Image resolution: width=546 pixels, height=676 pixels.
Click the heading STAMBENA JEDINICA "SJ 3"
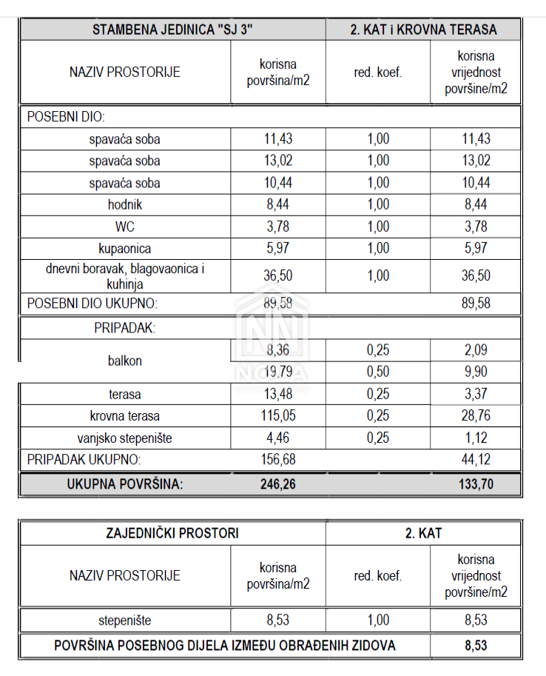click(x=172, y=30)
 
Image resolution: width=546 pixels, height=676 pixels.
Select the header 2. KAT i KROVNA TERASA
click(x=424, y=30)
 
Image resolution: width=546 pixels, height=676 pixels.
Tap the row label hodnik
click(x=124, y=205)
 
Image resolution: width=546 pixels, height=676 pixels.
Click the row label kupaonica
click(x=124, y=249)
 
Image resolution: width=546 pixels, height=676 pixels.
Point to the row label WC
click(x=124, y=227)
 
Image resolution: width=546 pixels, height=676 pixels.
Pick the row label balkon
click(x=124, y=361)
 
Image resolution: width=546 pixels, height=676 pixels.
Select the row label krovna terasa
click(x=124, y=416)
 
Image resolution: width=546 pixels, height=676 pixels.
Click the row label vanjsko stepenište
click(x=124, y=438)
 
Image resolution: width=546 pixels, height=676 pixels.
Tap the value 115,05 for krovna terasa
click(x=279, y=416)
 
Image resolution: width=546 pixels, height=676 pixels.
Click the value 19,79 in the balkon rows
click(x=279, y=372)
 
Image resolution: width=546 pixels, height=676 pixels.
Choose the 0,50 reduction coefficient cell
click(x=377, y=372)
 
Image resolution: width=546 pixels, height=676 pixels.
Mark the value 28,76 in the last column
click(x=476, y=416)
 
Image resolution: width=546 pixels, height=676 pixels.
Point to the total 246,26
click(x=279, y=484)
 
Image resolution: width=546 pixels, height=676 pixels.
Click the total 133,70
click(x=476, y=484)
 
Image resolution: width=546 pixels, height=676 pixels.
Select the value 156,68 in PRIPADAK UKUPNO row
click(x=279, y=460)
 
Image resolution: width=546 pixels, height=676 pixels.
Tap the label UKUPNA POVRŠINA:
click(x=124, y=484)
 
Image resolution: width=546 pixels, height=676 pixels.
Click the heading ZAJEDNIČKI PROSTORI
click(x=172, y=532)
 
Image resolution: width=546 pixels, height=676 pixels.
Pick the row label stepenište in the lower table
click(x=124, y=620)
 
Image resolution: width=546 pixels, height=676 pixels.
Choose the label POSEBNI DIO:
click(x=67, y=117)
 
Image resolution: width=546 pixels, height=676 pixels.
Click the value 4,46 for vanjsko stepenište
click(x=279, y=438)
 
